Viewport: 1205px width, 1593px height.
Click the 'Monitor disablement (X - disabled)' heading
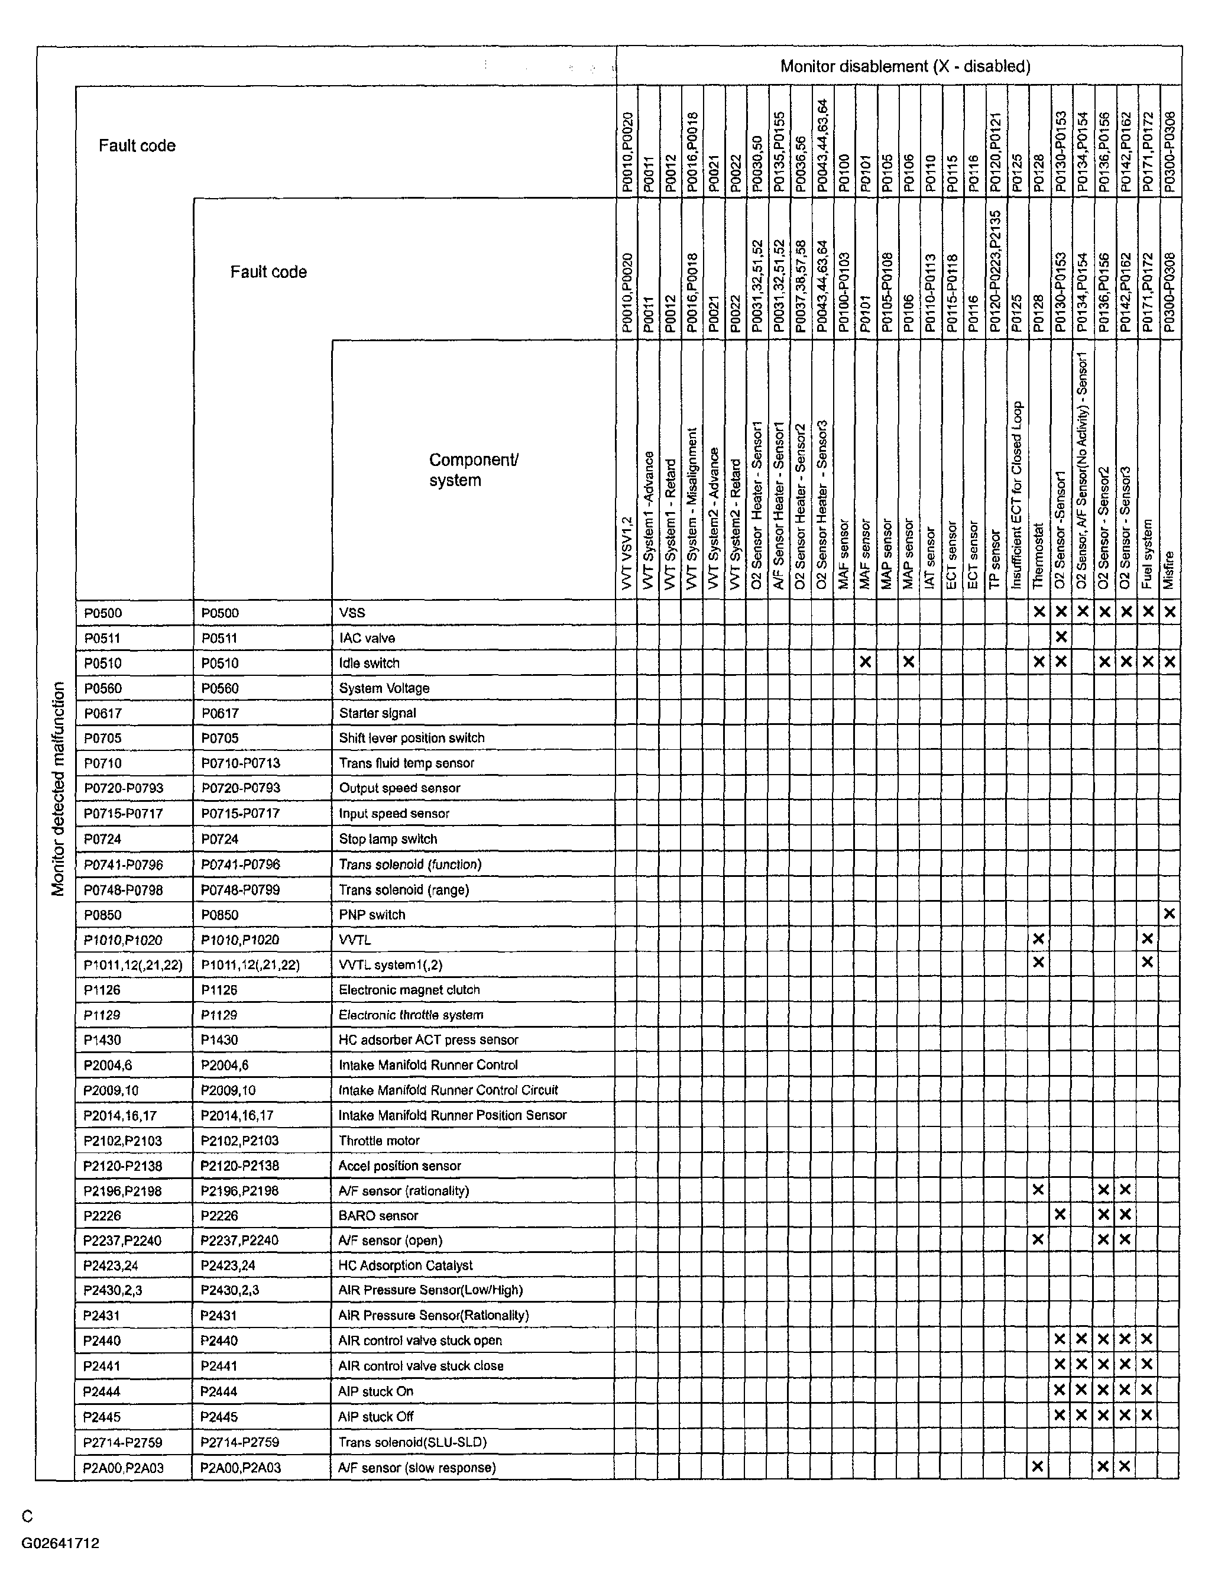click(x=905, y=67)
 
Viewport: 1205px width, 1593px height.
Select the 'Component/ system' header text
click(x=473, y=470)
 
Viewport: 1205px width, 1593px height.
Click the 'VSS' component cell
click(x=352, y=613)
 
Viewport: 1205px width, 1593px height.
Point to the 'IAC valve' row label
click(x=367, y=638)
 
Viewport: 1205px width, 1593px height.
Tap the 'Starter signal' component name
click(x=377, y=713)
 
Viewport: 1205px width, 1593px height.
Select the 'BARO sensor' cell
click(x=378, y=1216)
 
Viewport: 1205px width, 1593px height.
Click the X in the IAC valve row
click(x=1060, y=637)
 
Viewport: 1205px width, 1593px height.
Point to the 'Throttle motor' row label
click(x=379, y=1141)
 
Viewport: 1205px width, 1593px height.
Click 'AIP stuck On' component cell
click(x=375, y=1391)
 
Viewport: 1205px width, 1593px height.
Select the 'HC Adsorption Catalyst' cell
click(x=406, y=1265)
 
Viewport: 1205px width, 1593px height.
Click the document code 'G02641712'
click(x=60, y=1543)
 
